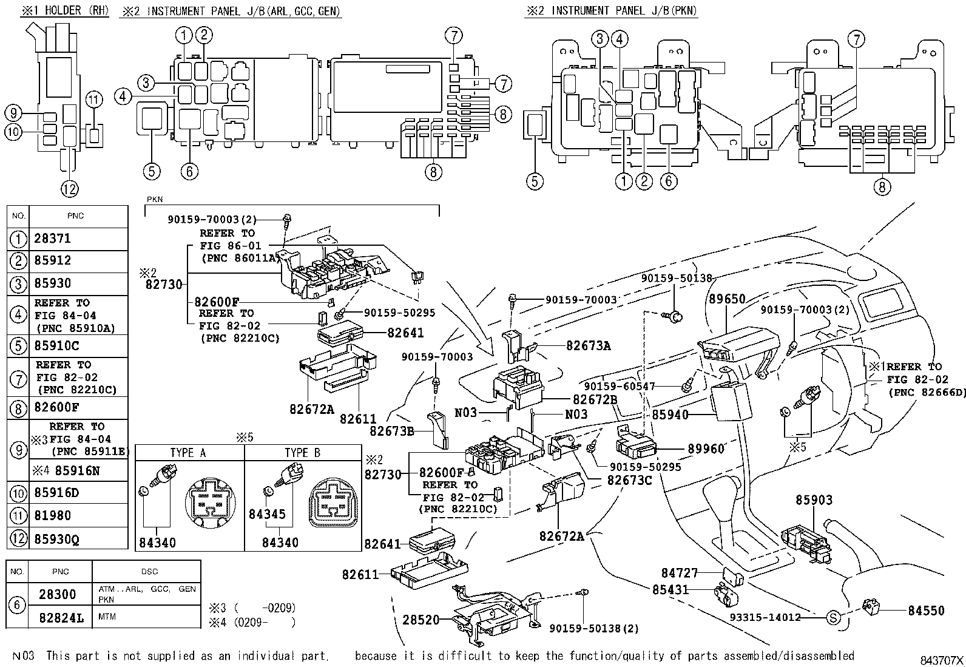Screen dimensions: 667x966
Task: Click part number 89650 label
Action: point(727,299)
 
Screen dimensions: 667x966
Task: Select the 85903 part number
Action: point(814,500)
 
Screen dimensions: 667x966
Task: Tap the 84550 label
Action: point(927,611)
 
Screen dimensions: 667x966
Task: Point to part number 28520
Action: point(421,620)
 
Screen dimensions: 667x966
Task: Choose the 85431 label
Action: point(670,589)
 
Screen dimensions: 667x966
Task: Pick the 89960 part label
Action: point(706,449)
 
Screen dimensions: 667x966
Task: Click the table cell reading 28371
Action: point(53,239)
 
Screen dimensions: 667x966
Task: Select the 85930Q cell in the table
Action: point(57,539)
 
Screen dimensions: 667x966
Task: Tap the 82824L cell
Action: point(61,618)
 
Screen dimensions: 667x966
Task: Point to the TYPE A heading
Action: point(188,453)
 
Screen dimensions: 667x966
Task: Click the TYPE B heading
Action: point(302,453)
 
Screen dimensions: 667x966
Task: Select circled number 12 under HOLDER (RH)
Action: point(70,189)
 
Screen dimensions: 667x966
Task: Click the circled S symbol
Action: point(834,618)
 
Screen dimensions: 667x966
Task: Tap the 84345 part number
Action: point(267,515)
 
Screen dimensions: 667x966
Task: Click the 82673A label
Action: point(589,346)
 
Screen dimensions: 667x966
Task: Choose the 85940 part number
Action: point(670,416)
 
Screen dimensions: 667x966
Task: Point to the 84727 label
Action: point(680,573)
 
